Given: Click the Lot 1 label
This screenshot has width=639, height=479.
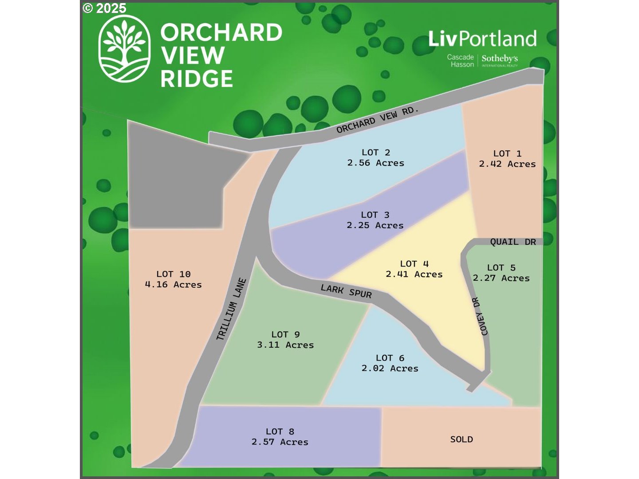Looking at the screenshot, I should click(x=507, y=159).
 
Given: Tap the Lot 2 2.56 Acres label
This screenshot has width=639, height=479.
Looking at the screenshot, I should click(x=375, y=158).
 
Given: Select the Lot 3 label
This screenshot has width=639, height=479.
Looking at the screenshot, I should click(x=375, y=220).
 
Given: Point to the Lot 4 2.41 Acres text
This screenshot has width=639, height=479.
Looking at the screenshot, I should click(x=414, y=269).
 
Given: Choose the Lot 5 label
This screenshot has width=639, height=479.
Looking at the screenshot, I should click(x=501, y=273).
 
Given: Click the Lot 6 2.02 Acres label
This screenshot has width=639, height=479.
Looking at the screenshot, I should click(x=390, y=363).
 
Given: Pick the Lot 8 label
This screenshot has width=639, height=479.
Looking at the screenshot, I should click(x=280, y=437).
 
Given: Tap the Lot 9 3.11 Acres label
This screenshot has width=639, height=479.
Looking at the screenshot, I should click(x=285, y=340).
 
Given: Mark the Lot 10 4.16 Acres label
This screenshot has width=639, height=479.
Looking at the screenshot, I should click(x=173, y=279).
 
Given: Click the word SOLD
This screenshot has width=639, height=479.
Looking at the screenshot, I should click(x=461, y=439).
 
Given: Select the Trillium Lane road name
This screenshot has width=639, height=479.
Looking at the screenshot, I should click(x=231, y=309).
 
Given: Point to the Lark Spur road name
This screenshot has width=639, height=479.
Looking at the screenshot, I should click(x=346, y=291).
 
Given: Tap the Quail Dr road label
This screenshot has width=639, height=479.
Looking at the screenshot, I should click(x=513, y=242).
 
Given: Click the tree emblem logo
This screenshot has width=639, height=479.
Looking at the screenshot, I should click(x=124, y=49).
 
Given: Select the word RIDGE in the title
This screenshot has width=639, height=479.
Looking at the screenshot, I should click(x=197, y=79).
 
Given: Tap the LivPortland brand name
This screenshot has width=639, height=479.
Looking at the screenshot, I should click(x=482, y=39).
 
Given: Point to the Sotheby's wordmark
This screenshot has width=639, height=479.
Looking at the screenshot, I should click(x=500, y=59).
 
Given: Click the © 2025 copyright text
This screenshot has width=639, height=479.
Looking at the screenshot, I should click(x=105, y=8).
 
